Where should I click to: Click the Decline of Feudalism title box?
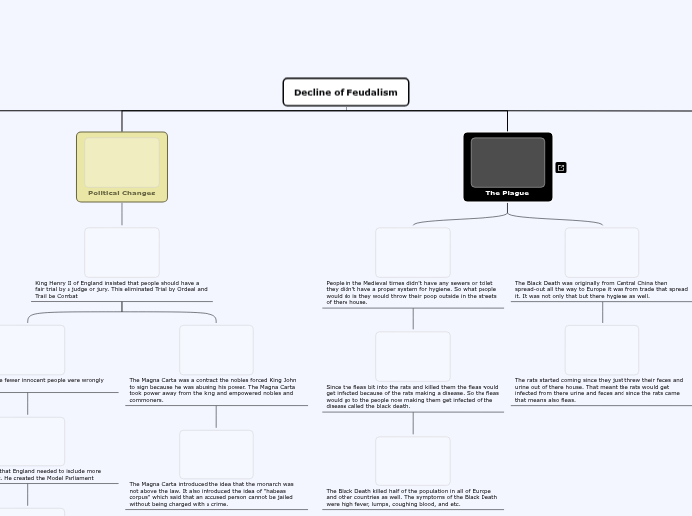346,92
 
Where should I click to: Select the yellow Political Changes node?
122,167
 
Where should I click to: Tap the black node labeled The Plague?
507,167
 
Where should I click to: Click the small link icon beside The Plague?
561,168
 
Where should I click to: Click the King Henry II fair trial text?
121,289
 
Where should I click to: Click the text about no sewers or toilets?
412,292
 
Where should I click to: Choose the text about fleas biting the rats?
413,396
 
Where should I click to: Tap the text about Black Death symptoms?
412,497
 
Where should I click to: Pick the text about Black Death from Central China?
601,289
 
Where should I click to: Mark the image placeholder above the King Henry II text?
122,252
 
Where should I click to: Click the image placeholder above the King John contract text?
216,350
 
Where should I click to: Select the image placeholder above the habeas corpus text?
216,454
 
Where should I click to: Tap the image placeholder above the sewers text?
413,252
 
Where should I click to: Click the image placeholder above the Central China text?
602,252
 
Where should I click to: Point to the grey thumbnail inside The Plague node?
507,162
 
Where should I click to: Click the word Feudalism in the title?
372,92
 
